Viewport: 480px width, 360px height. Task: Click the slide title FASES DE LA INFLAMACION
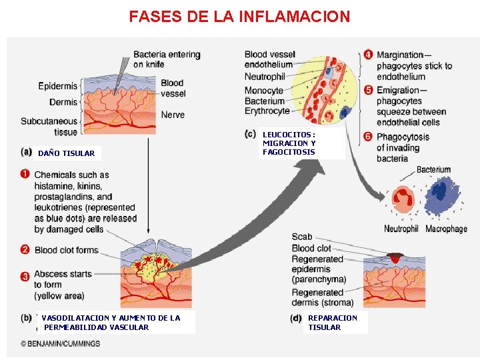pyautogui.click(x=239, y=16)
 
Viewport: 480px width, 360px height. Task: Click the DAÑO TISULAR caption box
pyautogui.click(x=67, y=153)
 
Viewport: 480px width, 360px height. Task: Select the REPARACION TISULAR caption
pyautogui.click(x=333, y=323)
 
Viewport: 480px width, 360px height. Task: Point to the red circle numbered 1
pyautogui.click(x=25, y=175)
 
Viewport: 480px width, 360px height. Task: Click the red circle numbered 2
pyautogui.click(x=25, y=250)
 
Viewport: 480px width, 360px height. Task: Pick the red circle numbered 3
pyautogui.click(x=25, y=275)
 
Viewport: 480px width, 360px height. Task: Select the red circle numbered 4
pyautogui.click(x=368, y=54)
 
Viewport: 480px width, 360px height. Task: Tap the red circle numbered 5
pyautogui.click(x=368, y=89)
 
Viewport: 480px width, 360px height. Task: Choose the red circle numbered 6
pyautogui.click(x=368, y=136)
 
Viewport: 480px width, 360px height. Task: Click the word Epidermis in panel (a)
pyautogui.click(x=58, y=86)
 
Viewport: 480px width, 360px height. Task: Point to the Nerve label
pyautogui.click(x=173, y=115)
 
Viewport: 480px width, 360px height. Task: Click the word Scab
pyautogui.click(x=302, y=237)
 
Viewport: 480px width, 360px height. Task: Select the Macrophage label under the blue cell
pyautogui.click(x=446, y=229)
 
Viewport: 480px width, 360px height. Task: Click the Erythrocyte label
pyautogui.click(x=267, y=111)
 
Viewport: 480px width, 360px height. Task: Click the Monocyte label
pyautogui.click(x=264, y=91)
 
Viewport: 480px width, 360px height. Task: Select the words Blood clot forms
pyautogui.click(x=67, y=250)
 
